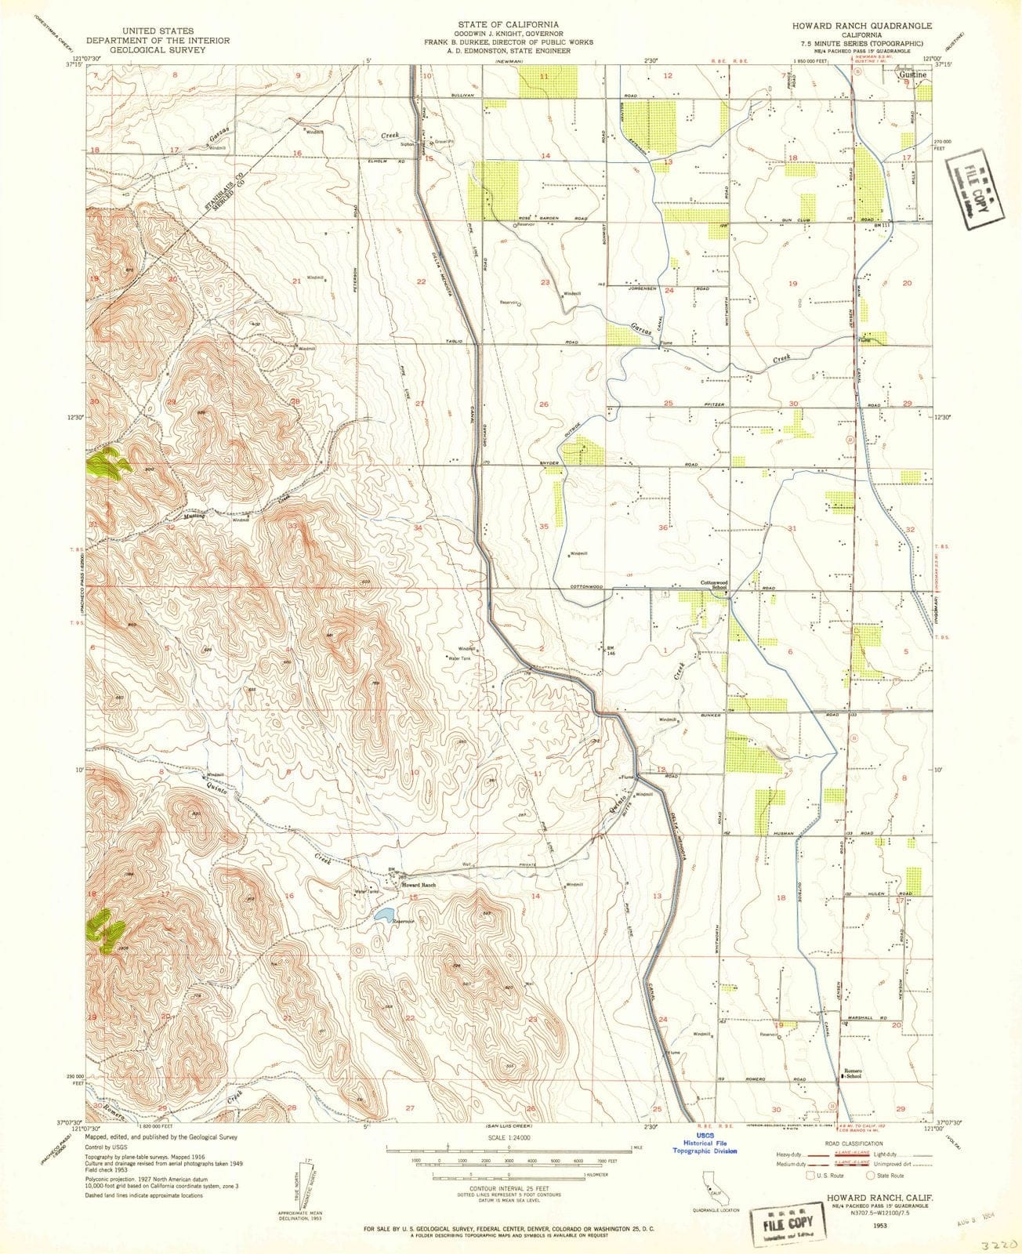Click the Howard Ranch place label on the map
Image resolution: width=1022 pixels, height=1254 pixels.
pos(419,885)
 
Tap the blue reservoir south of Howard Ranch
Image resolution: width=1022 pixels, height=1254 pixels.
pos(384,914)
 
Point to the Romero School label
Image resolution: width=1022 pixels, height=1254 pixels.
pos(853,1074)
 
